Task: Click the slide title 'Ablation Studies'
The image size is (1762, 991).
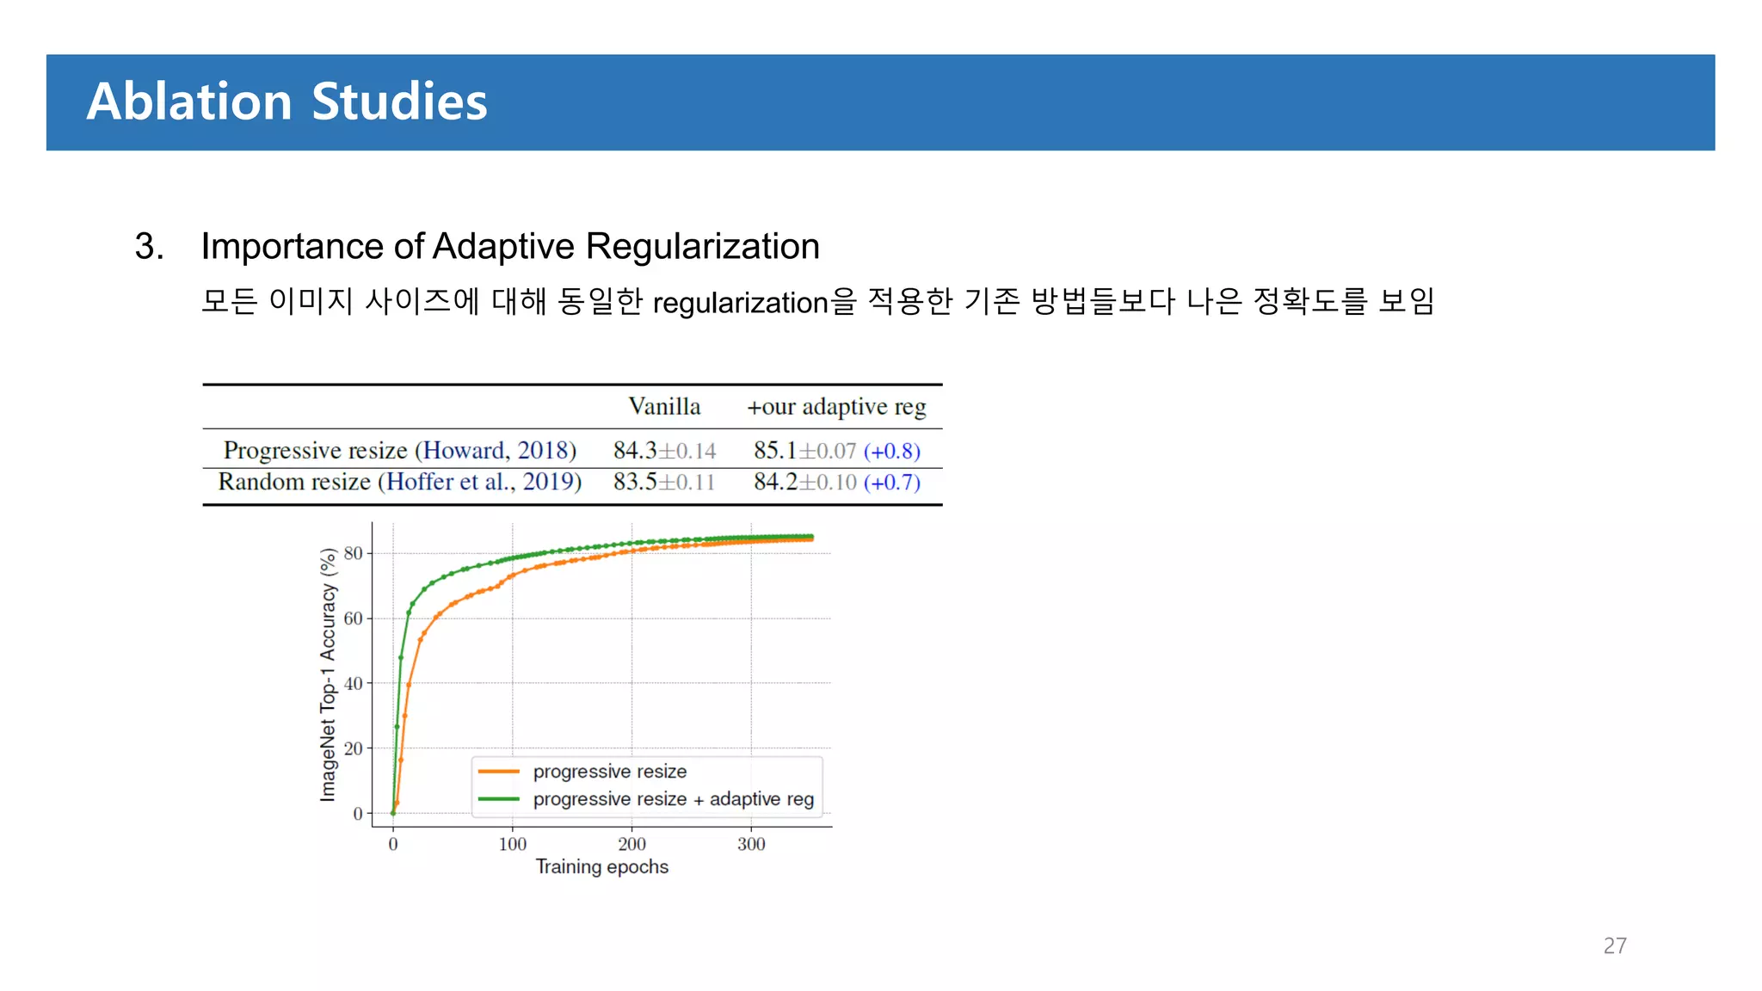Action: click(286, 102)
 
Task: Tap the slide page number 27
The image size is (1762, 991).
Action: click(1614, 945)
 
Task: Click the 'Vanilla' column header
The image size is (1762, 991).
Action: click(664, 406)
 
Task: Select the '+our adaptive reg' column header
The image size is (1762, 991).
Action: click(836, 406)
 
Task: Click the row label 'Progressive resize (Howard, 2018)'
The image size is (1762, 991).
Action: click(399, 450)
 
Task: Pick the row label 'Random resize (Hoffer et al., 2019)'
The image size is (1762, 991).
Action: click(399, 482)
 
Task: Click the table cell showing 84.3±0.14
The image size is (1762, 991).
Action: click(664, 450)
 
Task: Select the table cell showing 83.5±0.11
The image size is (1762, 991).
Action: click(664, 482)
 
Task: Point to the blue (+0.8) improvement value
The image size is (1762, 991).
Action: click(892, 451)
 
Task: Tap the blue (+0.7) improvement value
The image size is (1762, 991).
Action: click(892, 483)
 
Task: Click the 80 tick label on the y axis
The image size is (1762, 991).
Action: click(353, 553)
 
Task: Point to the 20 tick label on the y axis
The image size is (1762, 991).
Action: click(353, 748)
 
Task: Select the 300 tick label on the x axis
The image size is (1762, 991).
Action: click(751, 844)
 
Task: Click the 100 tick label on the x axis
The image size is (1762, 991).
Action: click(513, 844)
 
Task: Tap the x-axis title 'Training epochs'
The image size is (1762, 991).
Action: click(601, 866)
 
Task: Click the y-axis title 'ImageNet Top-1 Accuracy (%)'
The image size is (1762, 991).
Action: click(328, 674)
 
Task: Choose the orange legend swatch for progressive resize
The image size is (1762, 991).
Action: click(499, 772)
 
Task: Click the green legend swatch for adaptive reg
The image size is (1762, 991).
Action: click(499, 799)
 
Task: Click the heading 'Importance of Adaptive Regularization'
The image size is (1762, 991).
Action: click(509, 246)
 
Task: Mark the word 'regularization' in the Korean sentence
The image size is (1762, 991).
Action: click(740, 303)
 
